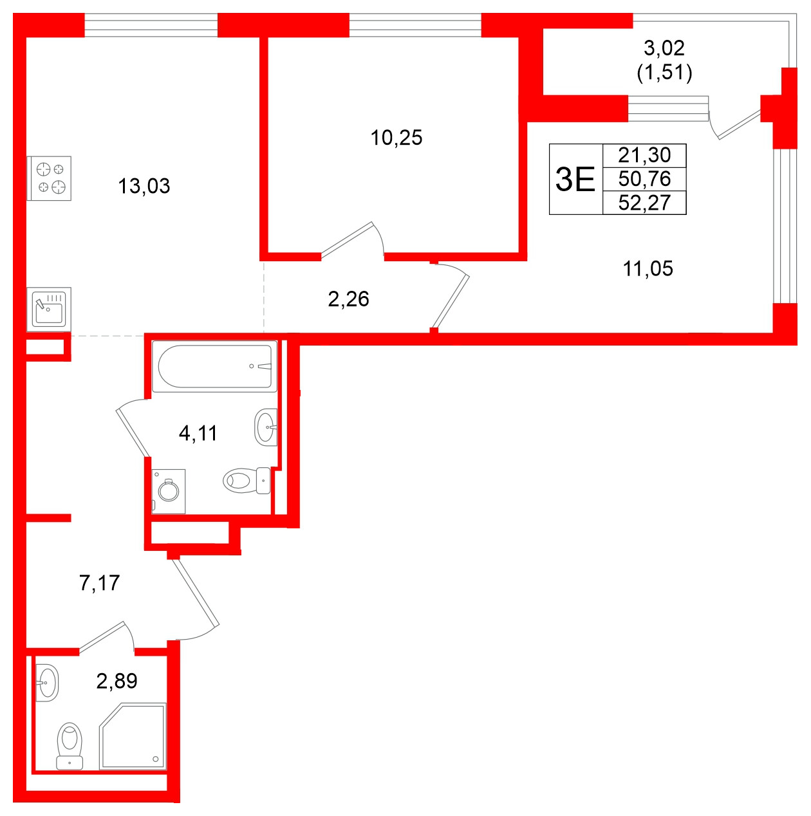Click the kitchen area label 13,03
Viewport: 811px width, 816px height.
point(144,186)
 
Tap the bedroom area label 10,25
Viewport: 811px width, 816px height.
point(396,137)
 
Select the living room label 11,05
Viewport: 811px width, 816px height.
point(648,268)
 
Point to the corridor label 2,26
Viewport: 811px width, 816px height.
point(348,299)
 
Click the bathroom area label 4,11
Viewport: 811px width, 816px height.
point(198,433)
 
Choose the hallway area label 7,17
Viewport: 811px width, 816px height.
point(99,582)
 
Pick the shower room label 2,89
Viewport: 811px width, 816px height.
point(117,680)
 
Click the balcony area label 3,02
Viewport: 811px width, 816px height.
point(664,48)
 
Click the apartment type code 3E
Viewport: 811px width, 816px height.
point(575,179)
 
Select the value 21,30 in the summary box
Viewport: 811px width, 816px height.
point(644,155)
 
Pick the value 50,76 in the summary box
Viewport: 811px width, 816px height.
point(644,179)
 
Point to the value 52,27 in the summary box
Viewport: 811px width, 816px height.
point(644,203)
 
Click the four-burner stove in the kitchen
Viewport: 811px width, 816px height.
point(50,178)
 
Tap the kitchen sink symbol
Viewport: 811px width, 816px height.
point(50,309)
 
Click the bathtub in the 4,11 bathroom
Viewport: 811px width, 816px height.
point(214,366)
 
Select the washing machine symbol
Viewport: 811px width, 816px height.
point(169,492)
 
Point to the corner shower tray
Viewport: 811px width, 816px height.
point(133,737)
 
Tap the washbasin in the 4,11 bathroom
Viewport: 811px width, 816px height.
point(266,427)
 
